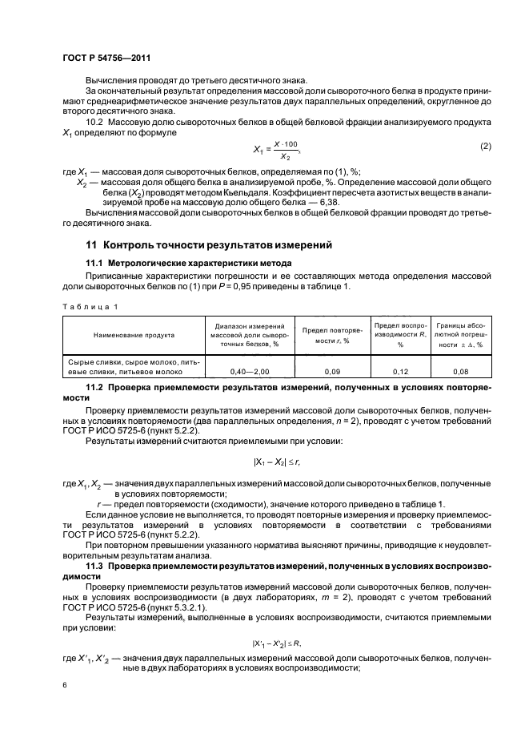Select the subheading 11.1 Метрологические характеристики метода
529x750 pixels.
coord(190,264)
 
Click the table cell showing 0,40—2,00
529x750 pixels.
coord(247,372)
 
